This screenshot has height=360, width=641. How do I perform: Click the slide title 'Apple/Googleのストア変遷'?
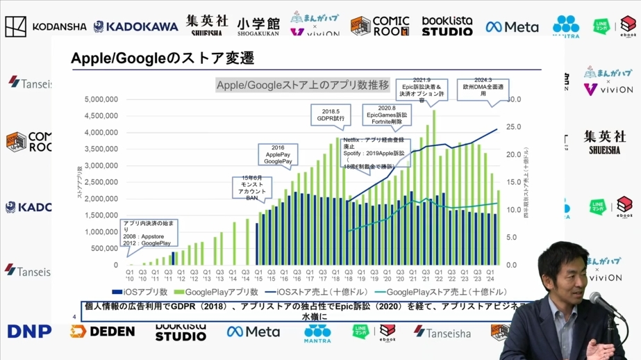[162, 58]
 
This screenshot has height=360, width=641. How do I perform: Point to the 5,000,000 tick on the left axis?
[101, 99]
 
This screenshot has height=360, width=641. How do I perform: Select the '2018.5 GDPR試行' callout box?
[331, 115]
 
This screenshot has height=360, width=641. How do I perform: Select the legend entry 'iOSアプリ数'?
[140, 293]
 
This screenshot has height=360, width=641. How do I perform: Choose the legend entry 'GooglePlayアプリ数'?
[217, 293]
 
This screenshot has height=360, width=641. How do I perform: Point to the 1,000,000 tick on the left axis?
[101, 232]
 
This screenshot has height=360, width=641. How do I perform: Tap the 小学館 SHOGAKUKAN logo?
[257, 26]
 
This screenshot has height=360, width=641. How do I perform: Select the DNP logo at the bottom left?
[29, 332]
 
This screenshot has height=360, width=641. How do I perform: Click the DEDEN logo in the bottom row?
[102, 332]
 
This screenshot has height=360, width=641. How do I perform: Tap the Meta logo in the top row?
[512, 27]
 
